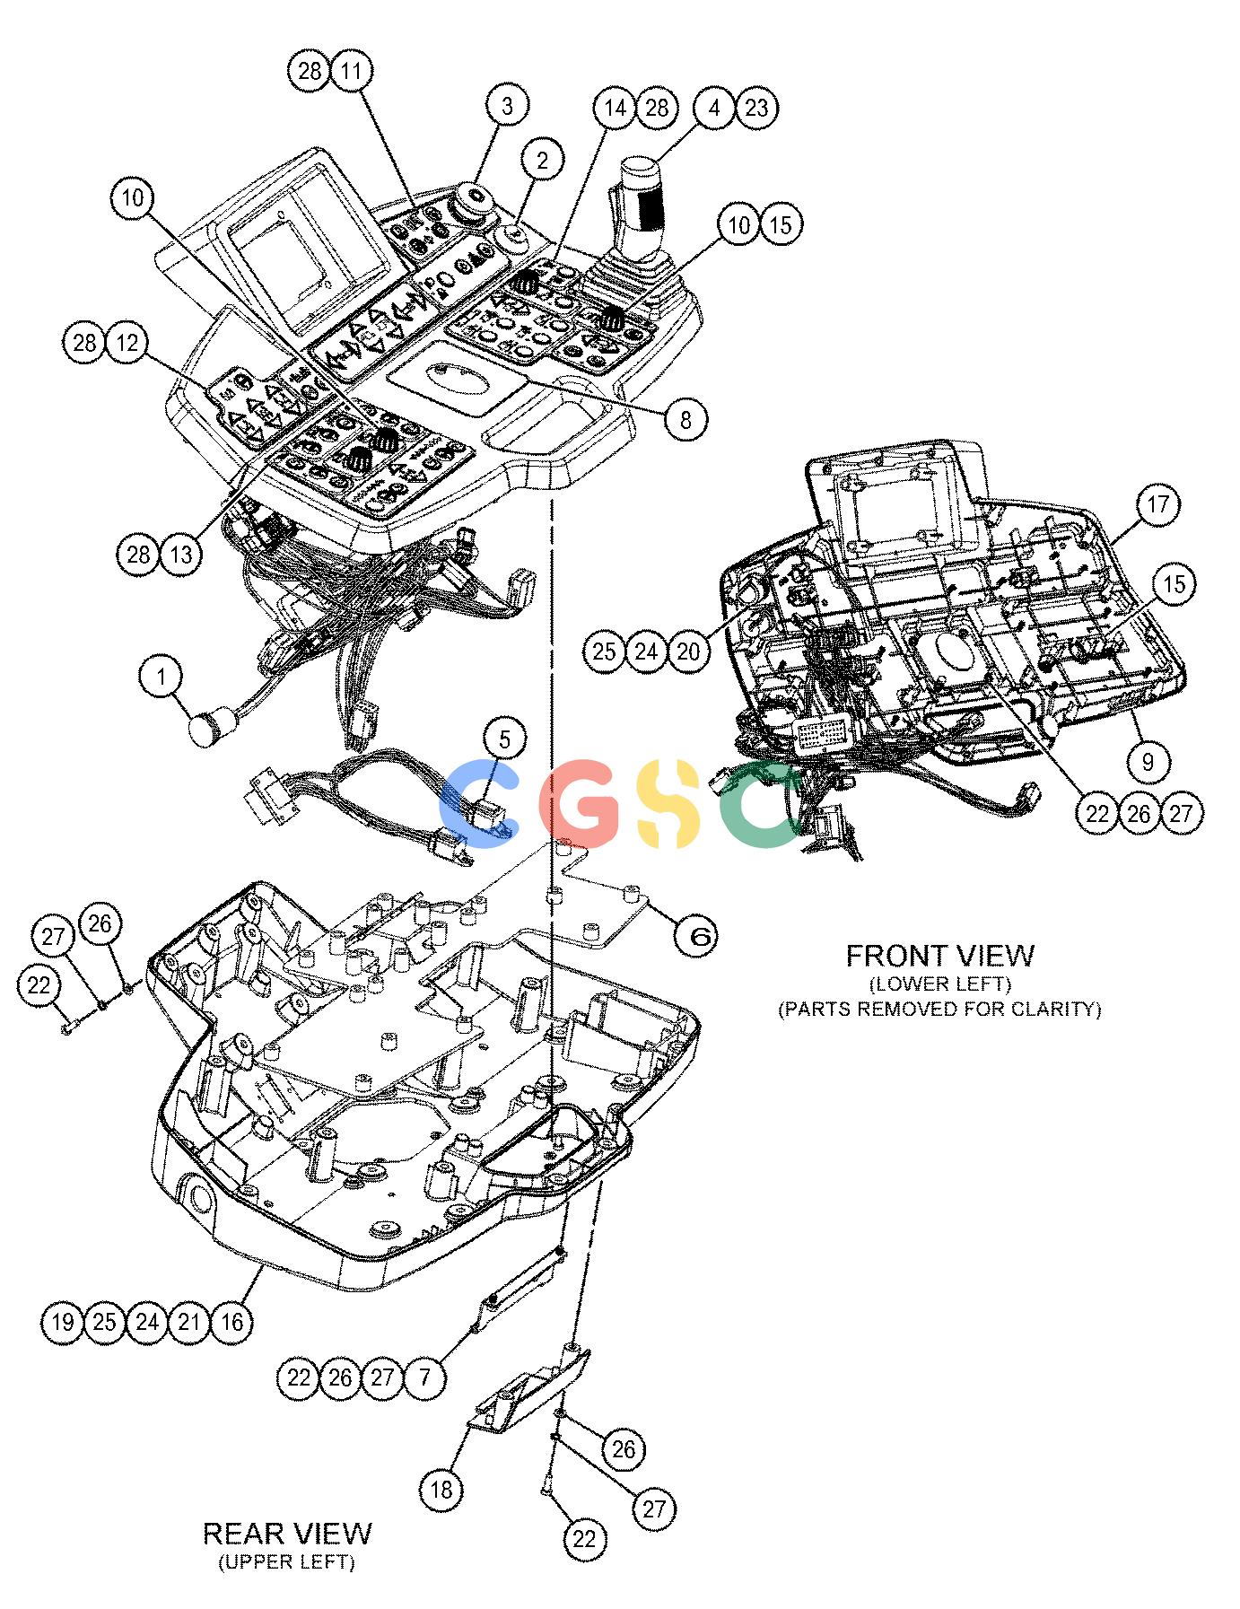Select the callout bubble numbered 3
508,106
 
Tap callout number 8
686,418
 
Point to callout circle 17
1158,504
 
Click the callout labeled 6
698,937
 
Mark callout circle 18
441,1491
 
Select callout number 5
505,739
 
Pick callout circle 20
688,651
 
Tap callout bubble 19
63,1322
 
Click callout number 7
425,1377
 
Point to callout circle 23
756,108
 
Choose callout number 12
127,344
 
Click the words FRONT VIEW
939,956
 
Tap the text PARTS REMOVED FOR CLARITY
939,1009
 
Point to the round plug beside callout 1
209,729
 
